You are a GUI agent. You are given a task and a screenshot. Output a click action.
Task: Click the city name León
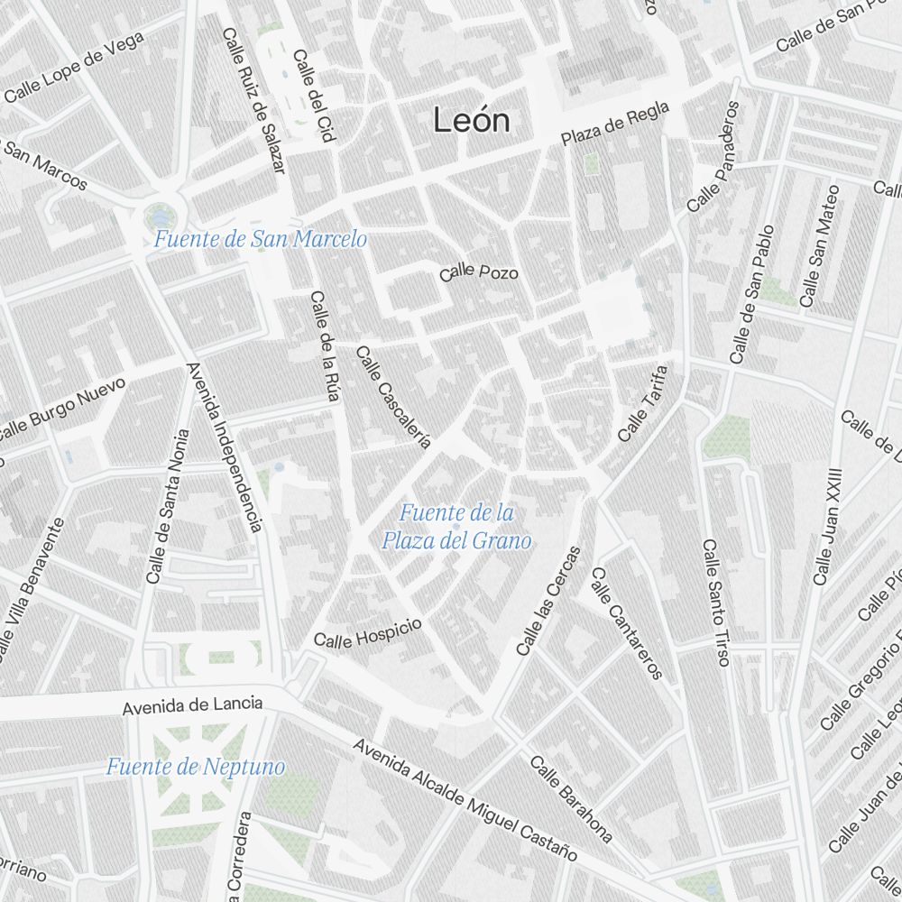(x=471, y=120)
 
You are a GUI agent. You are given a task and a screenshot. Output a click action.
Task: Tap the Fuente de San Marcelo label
(x=260, y=239)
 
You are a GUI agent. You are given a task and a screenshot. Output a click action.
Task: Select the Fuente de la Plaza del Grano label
(x=456, y=528)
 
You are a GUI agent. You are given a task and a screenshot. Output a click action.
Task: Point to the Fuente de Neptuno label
(x=195, y=768)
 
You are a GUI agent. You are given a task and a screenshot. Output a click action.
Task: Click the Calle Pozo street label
(x=479, y=272)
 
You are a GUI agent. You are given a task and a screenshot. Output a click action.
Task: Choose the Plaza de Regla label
(x=615, y=124)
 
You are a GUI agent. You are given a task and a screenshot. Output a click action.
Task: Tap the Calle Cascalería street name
(x=393, y=397)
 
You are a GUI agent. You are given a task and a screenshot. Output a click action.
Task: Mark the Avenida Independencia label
(x=224, y=446)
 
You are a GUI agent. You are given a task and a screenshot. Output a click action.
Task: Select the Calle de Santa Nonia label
(x=168, y=505)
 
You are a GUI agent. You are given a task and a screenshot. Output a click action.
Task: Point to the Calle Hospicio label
(x=367, y=632)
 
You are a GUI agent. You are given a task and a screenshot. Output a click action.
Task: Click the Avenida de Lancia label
(x=193, y=704)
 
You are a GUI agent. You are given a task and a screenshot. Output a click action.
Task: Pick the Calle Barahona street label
(x=571, y=798)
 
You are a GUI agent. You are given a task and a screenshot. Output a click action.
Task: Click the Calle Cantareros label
(x=627, y=622)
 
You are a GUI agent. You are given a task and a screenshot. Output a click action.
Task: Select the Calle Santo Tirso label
(x=716, y=603)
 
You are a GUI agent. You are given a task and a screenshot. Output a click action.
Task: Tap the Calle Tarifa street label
(x=644, y=402)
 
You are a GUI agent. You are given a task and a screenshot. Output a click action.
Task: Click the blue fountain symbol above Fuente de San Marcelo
(x=161, y=215)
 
